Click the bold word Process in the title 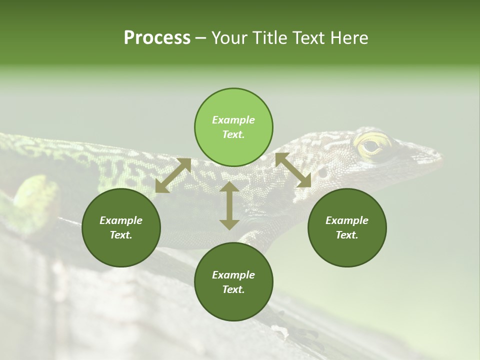157,38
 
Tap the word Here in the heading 348,38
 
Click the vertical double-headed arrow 229,205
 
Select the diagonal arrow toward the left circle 173,175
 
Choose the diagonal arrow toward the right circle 293,170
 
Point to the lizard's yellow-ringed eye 371,146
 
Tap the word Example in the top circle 233,120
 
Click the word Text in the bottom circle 233,289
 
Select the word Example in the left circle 121,220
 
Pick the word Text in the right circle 347,235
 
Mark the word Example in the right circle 347,220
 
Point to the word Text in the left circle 121,235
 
